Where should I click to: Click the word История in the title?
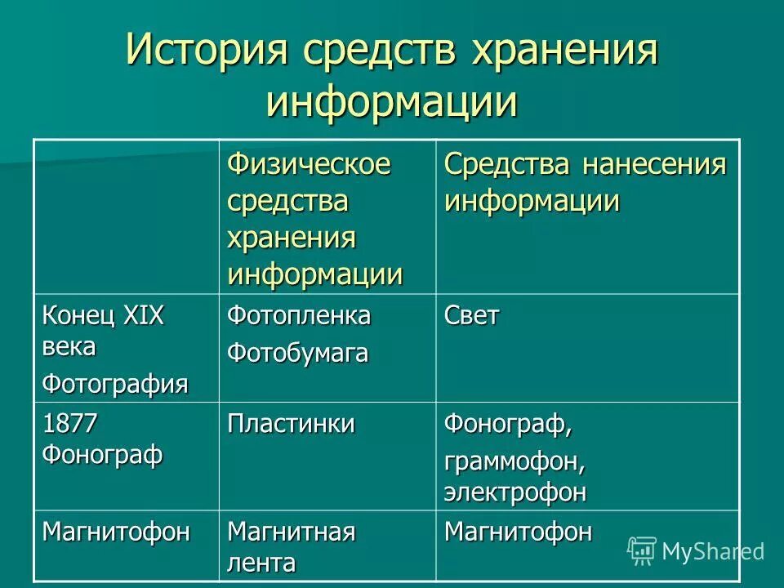[x=207, y=53]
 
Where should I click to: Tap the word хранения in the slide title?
[x=563, y=53]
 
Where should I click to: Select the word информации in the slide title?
[x=392, y=102]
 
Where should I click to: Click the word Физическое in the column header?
[x=309, y=164]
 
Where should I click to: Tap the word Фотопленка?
[x=298, y=316]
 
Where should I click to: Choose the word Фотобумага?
[x=297, y=353]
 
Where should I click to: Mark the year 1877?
[x=70, y=424]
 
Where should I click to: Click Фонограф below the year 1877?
[x=102, y=453]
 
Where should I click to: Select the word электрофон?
[x=514, y=492]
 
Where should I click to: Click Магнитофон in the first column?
[x=116, y=532]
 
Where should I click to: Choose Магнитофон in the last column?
[x=518, y=532]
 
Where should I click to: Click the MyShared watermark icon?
[x=642, y=550]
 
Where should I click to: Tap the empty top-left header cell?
[x=126, y=216]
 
